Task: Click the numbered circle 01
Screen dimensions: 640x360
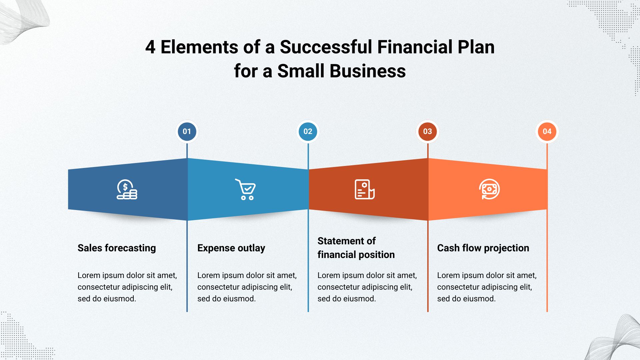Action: [x=187, y=131]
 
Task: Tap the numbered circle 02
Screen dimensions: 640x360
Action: [x=308, y=131]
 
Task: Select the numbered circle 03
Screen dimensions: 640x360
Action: [x=428, y=131]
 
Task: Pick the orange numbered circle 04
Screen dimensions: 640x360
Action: [x=547, y=131]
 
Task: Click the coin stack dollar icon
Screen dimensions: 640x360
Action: [x=127, y=189]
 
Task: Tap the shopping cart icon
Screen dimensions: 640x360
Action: [x=246, y=189]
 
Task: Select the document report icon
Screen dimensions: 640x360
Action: [x=365, y=189]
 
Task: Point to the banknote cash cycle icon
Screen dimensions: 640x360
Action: [x=489, y=189]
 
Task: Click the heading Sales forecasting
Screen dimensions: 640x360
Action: [x=117, y=248]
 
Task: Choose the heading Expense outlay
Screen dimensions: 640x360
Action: [x=231, y=248]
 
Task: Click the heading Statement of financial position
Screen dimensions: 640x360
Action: [x=356, y=248]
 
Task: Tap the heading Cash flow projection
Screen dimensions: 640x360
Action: [x=483, y=248]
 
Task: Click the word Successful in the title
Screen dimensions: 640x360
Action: [x=326, y=47]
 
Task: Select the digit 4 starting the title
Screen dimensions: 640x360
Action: [x=150, y=47]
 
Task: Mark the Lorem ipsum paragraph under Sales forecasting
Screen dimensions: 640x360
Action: [x=127, y=287]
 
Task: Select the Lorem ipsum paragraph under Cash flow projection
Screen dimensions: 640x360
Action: [x=487, y=287]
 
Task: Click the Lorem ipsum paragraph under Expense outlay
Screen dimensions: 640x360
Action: [x=247, y=287]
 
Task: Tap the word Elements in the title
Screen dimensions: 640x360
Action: [x=199, y=47]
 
